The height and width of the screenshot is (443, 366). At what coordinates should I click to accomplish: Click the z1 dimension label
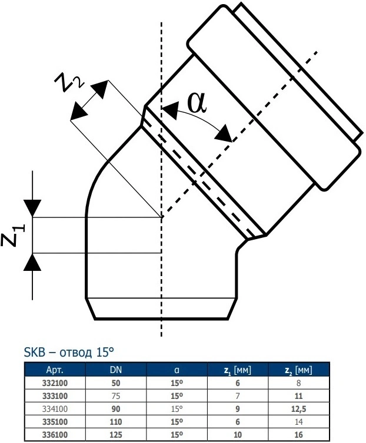[x=13, y=236]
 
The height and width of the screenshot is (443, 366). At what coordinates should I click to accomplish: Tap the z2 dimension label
[x=69, y=82]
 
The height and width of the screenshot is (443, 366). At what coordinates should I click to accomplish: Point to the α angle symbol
[x=197, y=102]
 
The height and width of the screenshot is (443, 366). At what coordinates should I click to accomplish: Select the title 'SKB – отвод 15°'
[x=69, y=352]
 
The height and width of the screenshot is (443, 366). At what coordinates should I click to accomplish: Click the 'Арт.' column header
[x=55, y=370]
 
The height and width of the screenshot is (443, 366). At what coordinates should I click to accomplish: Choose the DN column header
[x=115, y=370]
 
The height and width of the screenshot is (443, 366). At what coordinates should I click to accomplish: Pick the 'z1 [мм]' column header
[x=237, y=370]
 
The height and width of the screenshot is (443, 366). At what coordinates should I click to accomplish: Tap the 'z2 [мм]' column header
[x=298, y=370]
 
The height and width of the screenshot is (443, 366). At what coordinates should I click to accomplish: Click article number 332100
[x=55, y=383]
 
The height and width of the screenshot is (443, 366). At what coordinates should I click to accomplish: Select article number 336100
[x=55, y=435]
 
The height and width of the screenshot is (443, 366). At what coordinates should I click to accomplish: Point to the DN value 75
[x=115, y=396]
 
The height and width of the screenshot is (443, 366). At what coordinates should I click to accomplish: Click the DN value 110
[x=115, y=422]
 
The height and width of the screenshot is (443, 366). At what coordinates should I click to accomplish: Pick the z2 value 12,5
[x=298, y=409]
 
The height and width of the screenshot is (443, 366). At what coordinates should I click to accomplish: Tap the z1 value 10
[x=238, y=435]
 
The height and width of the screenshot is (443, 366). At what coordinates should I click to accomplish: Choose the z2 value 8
[x=298, y=383]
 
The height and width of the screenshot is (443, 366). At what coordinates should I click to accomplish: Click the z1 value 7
[x=238, y=396]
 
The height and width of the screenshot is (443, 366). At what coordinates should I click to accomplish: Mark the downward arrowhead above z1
[x=32, y=209]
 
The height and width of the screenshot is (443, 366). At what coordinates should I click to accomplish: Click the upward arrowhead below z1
[x=32, y=262]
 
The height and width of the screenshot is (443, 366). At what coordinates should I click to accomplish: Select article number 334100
[x=55, y=409]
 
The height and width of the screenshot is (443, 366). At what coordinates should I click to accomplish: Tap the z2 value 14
[x=298, y=422]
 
